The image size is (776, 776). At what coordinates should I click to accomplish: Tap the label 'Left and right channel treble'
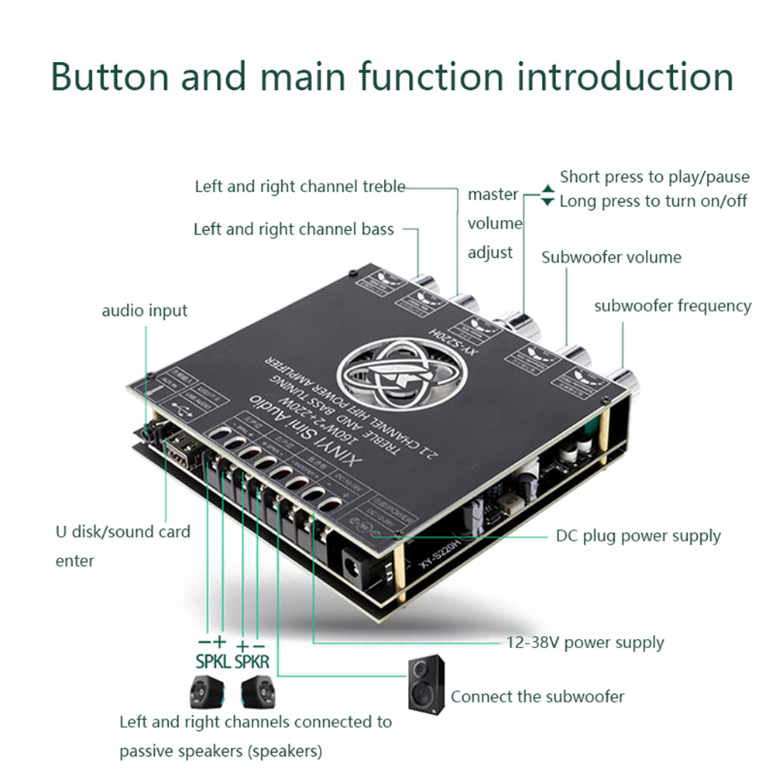click(300, 187)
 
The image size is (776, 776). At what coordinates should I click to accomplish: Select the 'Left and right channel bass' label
click(294, 229)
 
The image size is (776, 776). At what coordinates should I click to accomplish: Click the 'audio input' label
click(145, 311)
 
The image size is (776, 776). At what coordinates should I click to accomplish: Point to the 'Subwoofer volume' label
click(611, 257)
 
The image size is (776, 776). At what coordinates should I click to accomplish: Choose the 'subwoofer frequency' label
click(672, 306)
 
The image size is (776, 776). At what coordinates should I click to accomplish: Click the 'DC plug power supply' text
click(638, 536)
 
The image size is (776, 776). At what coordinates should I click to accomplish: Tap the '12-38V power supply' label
click(585, 642)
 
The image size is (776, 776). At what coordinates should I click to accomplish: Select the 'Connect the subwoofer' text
click(537, 696)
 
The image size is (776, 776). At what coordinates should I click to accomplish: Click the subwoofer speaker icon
click(427, 684)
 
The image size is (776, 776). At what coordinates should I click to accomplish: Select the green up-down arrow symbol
click(548, 195)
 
